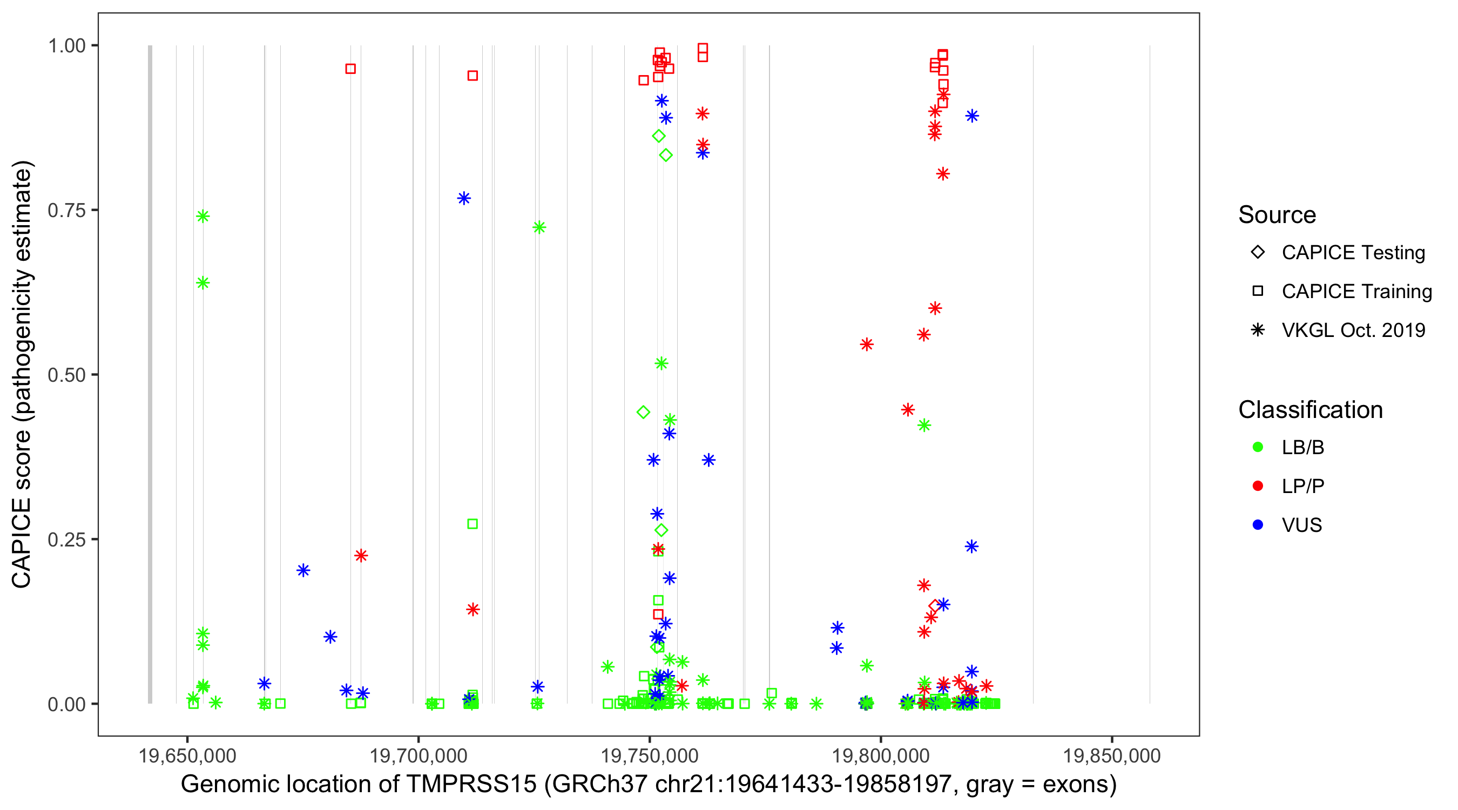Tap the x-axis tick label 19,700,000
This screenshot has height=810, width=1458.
coord(418,755)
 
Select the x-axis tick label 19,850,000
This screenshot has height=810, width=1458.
coord(1112,755)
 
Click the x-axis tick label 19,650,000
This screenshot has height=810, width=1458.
coord(187,755)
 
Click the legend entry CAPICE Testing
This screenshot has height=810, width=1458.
coord(1353,253)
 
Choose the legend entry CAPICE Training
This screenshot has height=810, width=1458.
coord(1356,292)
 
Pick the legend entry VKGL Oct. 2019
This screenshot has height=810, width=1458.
coord(1353,330)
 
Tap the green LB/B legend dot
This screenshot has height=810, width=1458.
coord(1258,447)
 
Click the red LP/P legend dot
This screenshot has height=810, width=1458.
coord(1258,486)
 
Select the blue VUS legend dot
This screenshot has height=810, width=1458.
coord(1258,525)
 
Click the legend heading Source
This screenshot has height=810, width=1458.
coord(1277,215)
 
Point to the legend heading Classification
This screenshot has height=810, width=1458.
coord(1310,410)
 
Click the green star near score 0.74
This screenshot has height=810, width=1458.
coord(202,216)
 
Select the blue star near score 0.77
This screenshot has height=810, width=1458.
coord(464,198)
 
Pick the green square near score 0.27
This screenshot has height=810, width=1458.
coord(473,524)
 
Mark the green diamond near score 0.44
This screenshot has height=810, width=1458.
coord(643,412)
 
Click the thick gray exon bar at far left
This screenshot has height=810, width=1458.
coord(150,374)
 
